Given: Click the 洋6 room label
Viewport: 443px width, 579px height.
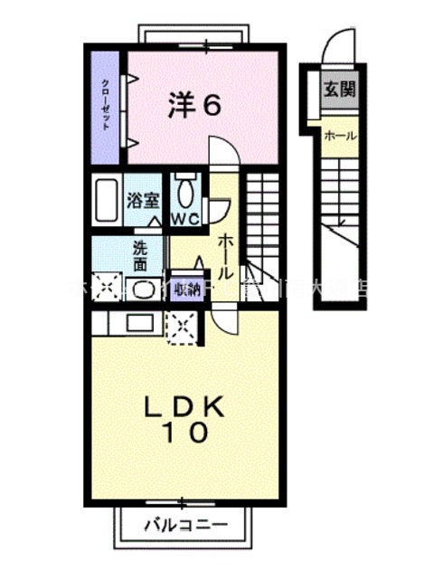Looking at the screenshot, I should click(193, 106).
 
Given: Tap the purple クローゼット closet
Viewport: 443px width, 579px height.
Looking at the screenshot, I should click(107, 106).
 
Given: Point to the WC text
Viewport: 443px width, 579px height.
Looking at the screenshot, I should click(186, 219).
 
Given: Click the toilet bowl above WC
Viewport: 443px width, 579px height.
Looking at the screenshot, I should click(186, 192).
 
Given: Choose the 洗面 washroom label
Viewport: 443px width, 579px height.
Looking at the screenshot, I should click(143, 254).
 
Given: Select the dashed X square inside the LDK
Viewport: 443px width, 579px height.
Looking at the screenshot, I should click(184, 327).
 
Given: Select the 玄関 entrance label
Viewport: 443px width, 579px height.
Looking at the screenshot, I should click(341, 89).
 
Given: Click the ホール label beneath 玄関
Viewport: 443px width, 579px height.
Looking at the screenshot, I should click(339, 136).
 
